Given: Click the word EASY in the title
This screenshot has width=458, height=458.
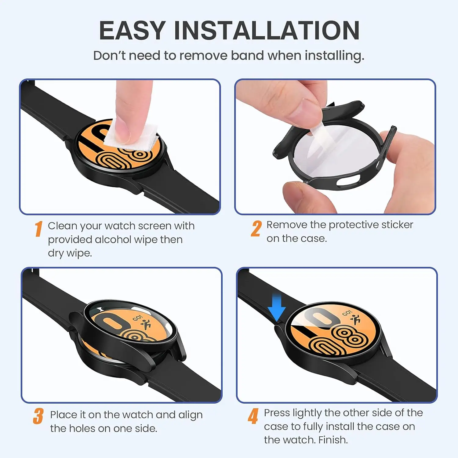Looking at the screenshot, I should pyautogui.click(x=132, y=31).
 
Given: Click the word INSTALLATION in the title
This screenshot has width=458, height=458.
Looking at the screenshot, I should pyautogui.click(x=267, y=31).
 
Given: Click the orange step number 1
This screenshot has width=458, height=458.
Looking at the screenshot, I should pyautogui.click(x=38, y=229).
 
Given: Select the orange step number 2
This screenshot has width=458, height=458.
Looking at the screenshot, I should pyautogui.click(x=256, y=229).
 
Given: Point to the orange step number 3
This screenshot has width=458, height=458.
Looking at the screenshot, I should pyautogui.click(x=38, y=416).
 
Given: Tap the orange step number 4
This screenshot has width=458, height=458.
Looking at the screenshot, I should pyautogui.click(x=253, y=416).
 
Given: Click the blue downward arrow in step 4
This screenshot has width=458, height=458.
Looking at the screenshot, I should pyautogui.click(x=277, y=308).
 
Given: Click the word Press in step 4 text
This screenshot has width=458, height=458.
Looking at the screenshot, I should pyautogui.click(x=277, y=413).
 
